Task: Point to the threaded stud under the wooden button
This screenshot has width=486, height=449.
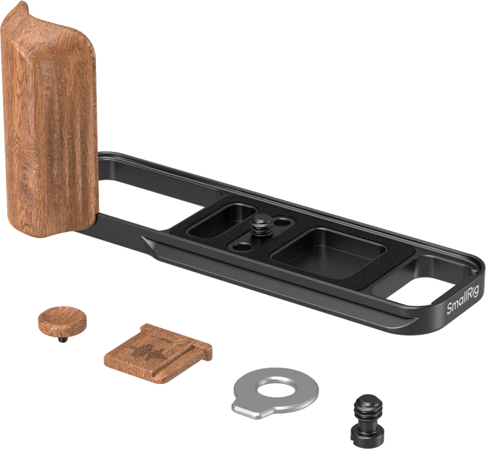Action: [x=63, y=340]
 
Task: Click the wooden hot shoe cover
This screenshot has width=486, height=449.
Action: [x=158, y=353]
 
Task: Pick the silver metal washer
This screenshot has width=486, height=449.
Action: [x=275, y=393]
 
